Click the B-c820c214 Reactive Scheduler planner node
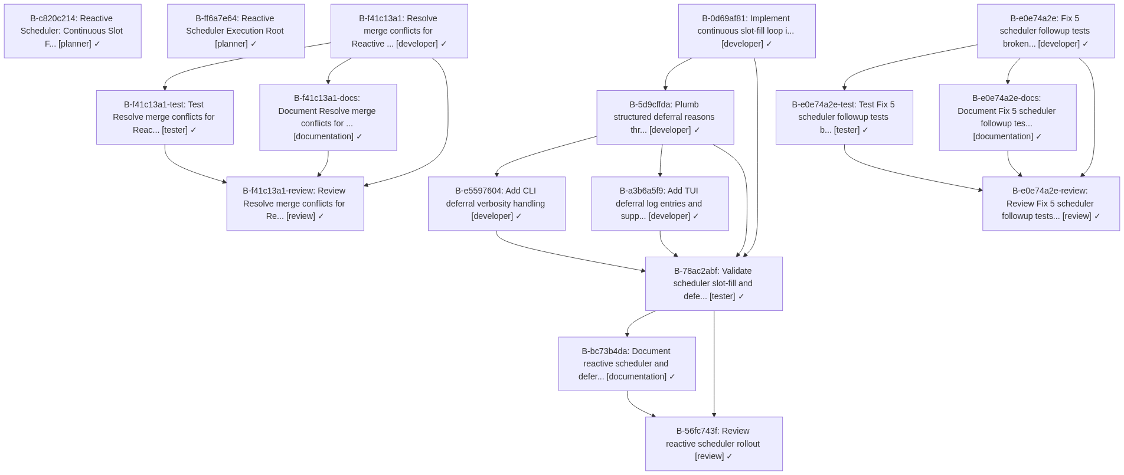(x=73, y=31)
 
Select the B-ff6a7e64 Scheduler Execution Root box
(x=236, y=31)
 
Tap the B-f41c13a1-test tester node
(x=165, y=117)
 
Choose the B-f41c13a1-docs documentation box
(x=328, y=117)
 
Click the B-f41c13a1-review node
(x=295, y=204)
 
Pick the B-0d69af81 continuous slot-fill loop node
(x=746, y=31)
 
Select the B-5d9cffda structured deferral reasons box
(x=665, y=117)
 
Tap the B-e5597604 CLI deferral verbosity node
(x=496, y=204)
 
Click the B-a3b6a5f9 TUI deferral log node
(x=659, y=204)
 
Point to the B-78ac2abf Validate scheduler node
(x=713, y=284)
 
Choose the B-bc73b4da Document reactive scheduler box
(x=626, y=364)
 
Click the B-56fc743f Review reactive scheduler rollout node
(x=713, y=444)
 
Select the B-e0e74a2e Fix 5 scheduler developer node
(x=1045, y=31)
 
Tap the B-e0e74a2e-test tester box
(x=844, y=117)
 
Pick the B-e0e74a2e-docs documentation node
(x=1007, y=117)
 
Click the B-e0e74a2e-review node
(x=1050, y=204)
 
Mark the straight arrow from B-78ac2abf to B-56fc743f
(x=714, y=366)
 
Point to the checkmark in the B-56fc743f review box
(x=729, y=457)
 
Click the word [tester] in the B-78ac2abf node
(x=722, y=297)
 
